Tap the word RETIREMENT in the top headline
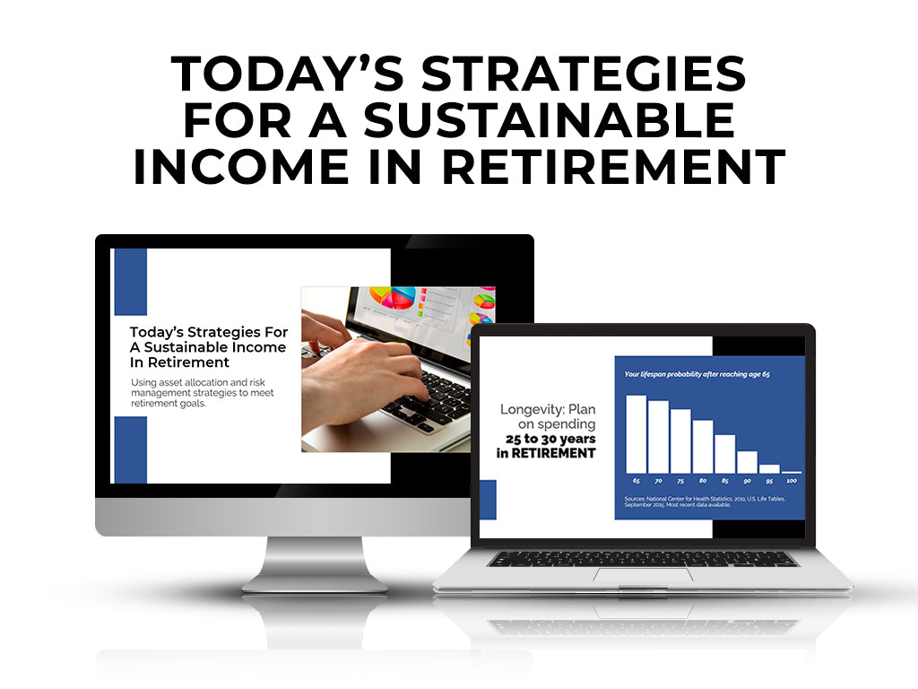coord(625,168)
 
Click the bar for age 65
coord(636,433)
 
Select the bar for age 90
coord(747,461)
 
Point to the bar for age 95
coord(769,468)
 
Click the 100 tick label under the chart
coord(792,483)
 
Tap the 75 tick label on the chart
coord(680,483)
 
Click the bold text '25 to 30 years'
coord(550,439)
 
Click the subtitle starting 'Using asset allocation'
coord(202,393)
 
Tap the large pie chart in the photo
coord(394,299)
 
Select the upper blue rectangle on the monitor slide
coord(131,282)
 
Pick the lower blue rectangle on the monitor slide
coord(131,449)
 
